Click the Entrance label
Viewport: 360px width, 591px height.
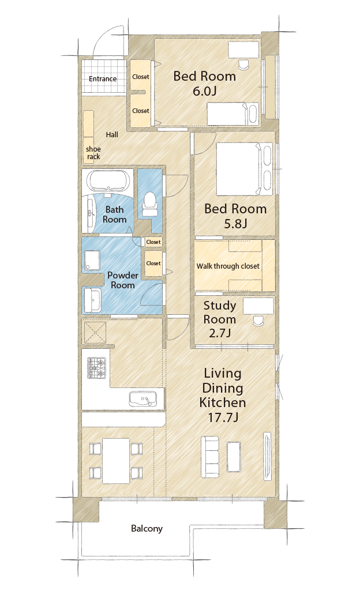pyautogui.click(x=103, y=79)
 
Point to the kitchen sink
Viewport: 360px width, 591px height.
pyautogui.click(x=143, y=399)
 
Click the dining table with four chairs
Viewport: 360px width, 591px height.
pyautogui.click(x=116, y=461)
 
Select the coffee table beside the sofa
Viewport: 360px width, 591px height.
pyautogui.click(x=234, y=456)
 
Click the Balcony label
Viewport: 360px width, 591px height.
pyautogui.click(x=147, y=528)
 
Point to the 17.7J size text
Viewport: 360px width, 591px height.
pyautogui.click(x=223, y=417)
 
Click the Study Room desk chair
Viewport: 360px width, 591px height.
pyautogui.click(x=258, y=321)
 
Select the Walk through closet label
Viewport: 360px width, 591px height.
pyautogui.click(x=228, y=266)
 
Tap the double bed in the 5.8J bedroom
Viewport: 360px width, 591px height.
pyautogui.click(x=244, y=168)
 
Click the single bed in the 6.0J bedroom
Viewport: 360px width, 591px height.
pyautogui.click(x=232, y=114)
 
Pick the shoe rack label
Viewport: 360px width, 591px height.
pyautogui.click(x=93, y=153)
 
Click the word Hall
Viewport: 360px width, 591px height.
pyautogui.click(x=112, y=134)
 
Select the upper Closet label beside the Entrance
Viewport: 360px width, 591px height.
pyautogui.click(x=141, y=77)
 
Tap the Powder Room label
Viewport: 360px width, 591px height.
pyautogui.click(x=122, y=280)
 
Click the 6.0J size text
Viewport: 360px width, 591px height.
pyautogui.click(x=205, y=91)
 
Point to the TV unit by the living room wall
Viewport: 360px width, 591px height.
pyautogui.click(x=267, y=457)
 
